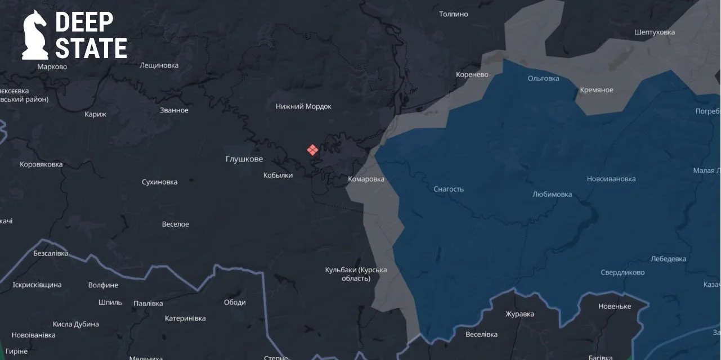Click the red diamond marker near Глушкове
pos(312,150)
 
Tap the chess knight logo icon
pos(35,35)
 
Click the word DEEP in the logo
pos(84,22)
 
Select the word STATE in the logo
pos(91,49)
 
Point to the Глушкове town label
pos(244,159)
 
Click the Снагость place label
pos(449,189)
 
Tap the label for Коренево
pos(472,74)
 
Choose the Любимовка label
pos(552,194)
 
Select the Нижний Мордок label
pos(303,106)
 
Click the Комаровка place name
pos(366,179)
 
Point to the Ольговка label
pos(543,78)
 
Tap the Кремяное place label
pos(597,90)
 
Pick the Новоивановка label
pos(611,179)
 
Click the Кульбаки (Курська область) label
pos(356,274)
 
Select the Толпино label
pos(453,14)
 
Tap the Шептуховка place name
pos(654,32)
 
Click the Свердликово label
pos(623,272)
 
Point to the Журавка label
pos(520,314)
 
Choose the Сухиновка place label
pos(159,182)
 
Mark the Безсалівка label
pos(51,253)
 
